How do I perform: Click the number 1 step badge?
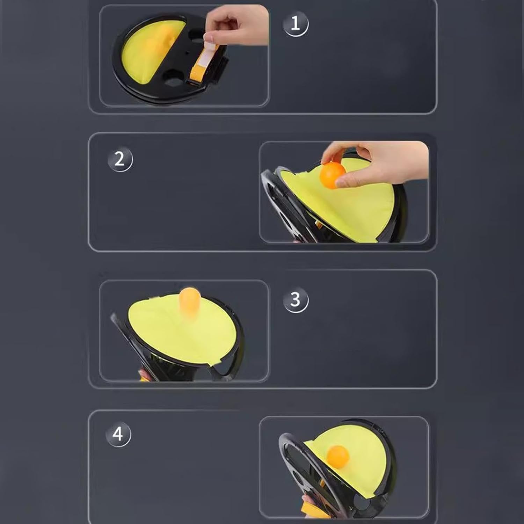[296, 24]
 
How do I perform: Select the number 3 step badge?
[296, 300]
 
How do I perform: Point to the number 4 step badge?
[118, 435]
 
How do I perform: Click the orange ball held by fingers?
[332, 175]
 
